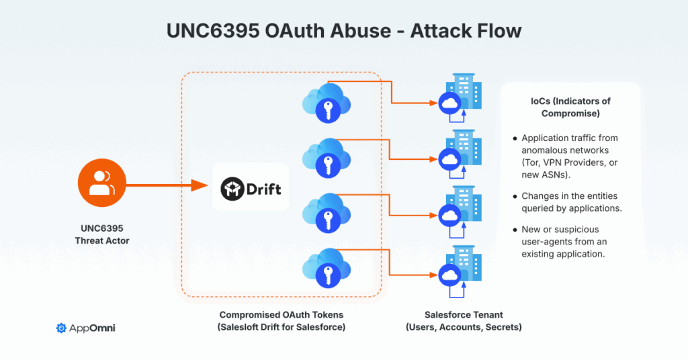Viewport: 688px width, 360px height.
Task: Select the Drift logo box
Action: [251, 187]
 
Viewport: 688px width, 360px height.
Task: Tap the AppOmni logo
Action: [86, 328]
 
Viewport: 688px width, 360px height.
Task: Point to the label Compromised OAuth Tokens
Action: [282, 314]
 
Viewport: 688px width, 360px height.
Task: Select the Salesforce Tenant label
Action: [464, 314]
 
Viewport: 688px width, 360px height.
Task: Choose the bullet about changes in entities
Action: [571, 202]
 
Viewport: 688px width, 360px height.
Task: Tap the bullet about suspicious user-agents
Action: [563, 242]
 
